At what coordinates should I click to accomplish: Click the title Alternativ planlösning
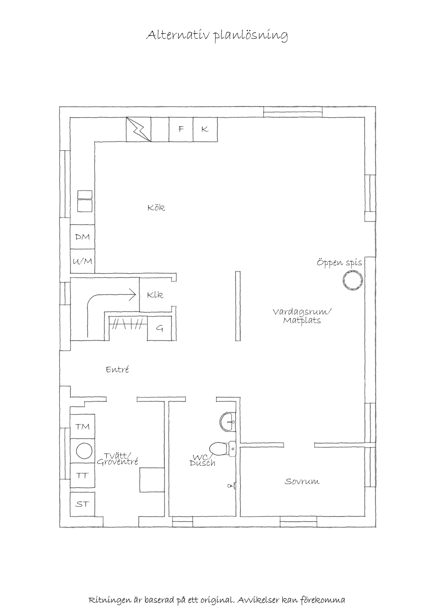point(217,35)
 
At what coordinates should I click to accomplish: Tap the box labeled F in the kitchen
point(181,129)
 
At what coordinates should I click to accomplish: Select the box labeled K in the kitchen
point(205,129)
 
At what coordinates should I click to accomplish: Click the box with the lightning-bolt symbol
point(138,129)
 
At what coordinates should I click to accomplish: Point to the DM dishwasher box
point(82,237)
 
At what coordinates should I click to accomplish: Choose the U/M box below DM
point(82,261)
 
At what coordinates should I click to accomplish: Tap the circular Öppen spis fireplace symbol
point(353,280)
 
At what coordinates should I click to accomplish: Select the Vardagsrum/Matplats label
point(302,316)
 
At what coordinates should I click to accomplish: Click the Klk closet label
point(155,295)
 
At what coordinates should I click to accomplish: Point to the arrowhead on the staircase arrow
point(133,295)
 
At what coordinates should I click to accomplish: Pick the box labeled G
point(159,328)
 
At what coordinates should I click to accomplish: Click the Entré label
point(117,370)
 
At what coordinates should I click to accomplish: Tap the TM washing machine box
point(82,427)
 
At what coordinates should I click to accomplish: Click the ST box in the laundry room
point(82,504)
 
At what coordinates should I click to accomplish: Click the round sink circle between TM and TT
point(84,451)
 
